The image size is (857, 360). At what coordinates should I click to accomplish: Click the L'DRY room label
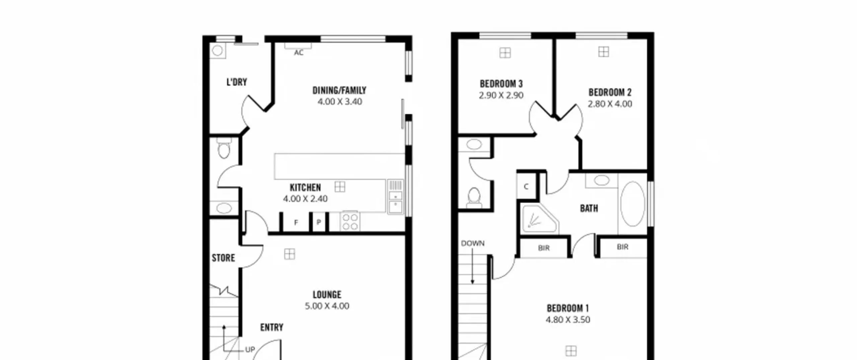(237, 82)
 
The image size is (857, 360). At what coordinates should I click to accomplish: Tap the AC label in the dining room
(299, 53)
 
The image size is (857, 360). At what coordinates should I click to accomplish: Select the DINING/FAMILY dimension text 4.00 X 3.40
(340, 102)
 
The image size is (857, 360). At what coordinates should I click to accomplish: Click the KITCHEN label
(305, 188)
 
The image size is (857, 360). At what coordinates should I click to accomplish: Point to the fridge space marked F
(296, 222)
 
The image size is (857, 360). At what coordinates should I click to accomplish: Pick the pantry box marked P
(319, 222)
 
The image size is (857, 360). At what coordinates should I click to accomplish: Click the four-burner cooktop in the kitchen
(350, 222)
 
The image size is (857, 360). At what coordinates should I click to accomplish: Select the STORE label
(223, 258)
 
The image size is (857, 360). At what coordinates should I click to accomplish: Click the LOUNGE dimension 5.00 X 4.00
(327, 306)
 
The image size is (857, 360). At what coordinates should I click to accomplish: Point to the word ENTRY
(272, 327)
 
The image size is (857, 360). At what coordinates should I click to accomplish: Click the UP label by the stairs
(250, 350)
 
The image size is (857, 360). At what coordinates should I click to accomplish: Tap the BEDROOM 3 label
(501, 84)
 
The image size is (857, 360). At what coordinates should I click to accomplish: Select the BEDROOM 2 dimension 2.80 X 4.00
(610, 104)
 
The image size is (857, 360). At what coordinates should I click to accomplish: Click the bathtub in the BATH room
(632, 204)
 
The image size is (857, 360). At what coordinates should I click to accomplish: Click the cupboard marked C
(526, 187)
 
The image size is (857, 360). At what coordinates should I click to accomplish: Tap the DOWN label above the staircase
(473, 243)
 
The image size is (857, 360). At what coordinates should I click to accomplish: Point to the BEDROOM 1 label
(568, 308)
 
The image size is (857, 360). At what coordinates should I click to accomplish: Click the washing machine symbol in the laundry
(218, 51)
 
